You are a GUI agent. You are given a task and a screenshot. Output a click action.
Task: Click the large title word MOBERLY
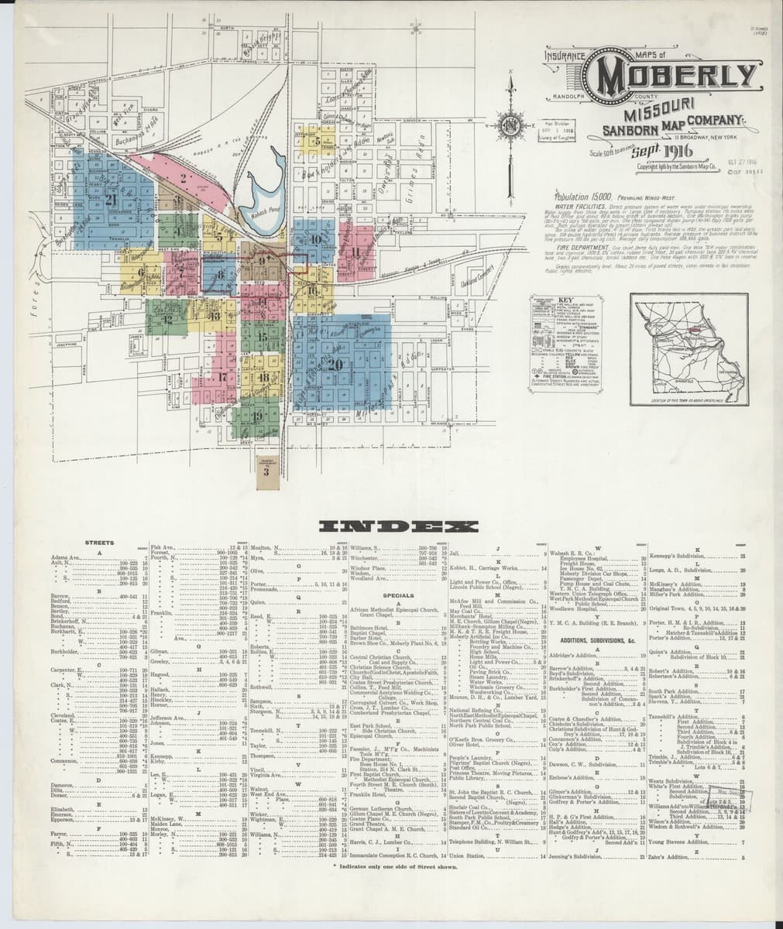pos(673,78)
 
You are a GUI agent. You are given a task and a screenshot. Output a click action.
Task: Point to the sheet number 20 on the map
pos(335,364)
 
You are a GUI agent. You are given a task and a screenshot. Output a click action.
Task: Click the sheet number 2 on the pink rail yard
pos(183,177)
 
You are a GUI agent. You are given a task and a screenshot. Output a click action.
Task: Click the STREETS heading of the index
pos(99,543)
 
